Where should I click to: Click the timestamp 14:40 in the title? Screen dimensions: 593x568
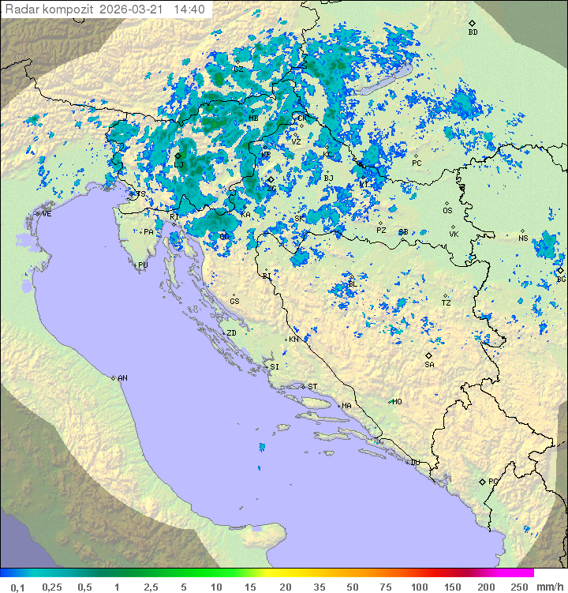click(189, 9)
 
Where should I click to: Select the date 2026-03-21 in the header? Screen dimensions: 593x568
click(139, 9)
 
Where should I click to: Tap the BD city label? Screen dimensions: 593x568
click(473, 32)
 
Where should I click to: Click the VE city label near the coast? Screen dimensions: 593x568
click(47, 214)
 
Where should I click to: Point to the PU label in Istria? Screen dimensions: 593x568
click(143, 265)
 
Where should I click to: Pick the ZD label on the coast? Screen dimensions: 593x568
click(231, 333)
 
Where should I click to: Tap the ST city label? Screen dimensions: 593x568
click(312, 387)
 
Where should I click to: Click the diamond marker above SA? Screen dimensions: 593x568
click(429, 355)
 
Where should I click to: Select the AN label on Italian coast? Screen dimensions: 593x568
click(122, 378)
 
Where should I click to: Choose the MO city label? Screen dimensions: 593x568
click(397, 402)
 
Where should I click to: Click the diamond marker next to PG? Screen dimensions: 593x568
click(482, 481)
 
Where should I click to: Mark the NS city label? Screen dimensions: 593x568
click(523, 238)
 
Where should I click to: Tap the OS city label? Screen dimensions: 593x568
click(447, 211)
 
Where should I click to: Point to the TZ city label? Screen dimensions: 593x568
click(446, 303)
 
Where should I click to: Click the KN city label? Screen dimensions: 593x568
click(293, 340)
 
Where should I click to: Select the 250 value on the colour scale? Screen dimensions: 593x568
click(519, 587)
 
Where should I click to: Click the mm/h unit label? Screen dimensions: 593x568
click(549, 587)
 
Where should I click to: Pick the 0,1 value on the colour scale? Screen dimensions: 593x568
click(17, 587)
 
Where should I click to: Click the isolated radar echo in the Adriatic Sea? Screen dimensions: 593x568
click(262, 448)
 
